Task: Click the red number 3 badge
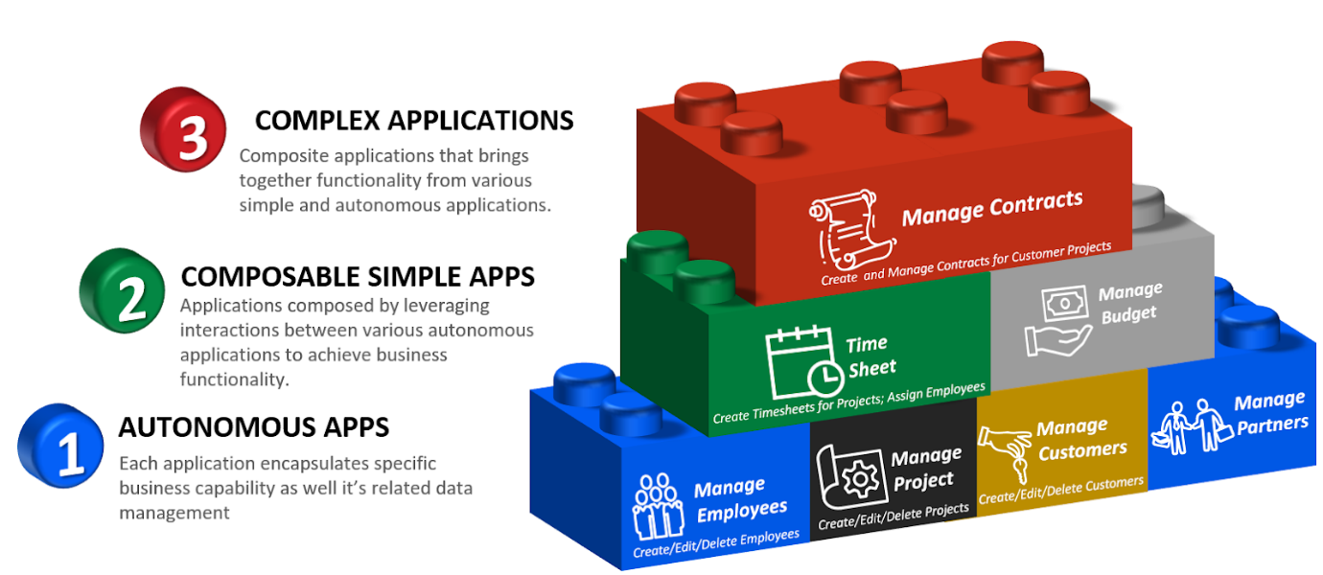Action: click(x=183, y=130)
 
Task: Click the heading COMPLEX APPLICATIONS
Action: click(x=414, y=120)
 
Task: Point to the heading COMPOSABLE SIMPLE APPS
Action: click(x=358, y=277)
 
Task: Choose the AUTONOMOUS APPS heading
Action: click(x=253, y=426)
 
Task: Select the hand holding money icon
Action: click(x=1057, y=321)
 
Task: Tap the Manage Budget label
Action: click(x=1130, y=302)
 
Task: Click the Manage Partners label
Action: click(x=1271, y=413)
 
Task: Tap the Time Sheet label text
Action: click(x=870, y=356)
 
